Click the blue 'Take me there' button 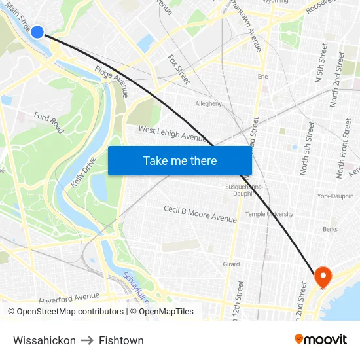(x=179, y=161)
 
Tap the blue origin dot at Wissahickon (x=37, y=31)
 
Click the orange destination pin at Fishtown (x=323, y=277)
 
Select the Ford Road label (x=49, y=122)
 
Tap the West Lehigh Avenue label (x=173, y=134)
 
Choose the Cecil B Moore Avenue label (x=200, y=213)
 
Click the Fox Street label (x=179, y=69)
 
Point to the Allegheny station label (x=209, y=103)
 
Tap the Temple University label (x=269, y=214)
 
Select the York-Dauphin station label (x=335, y=196)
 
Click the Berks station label (x=330, y=230)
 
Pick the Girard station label (x=232, y=264)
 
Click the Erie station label (x=263, y=77)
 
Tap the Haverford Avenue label (x=69, y=297)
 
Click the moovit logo (x=321, y=339)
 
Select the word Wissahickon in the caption (x=44, y=340)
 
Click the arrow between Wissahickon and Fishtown (x=87, y=340)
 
